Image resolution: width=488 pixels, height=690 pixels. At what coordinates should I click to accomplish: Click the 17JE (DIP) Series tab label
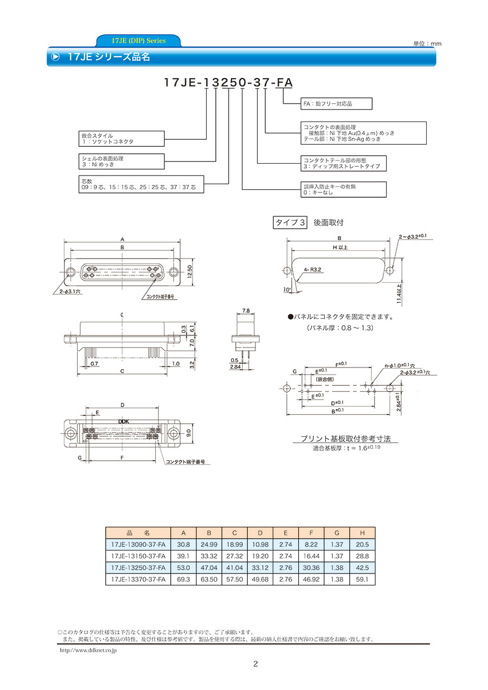pyautogui.click(x=138, y=41)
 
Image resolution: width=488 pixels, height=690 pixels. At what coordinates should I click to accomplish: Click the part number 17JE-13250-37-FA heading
pyautogui.click(x=228, y=82)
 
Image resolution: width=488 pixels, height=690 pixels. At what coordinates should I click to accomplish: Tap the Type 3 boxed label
pyautogui.click(x=291, y=222)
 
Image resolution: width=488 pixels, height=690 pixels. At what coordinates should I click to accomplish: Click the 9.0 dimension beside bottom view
pyautogui.click(x=189, y=433)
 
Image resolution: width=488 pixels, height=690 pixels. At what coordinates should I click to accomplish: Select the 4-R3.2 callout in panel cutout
pyautogui.click(x=313, y=269)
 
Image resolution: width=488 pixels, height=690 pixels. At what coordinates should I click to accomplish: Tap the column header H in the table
pyautogui.click(x=362, y=532)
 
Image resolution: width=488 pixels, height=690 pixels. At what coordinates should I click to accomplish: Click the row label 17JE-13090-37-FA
pyautogui.click(x=138, y=544)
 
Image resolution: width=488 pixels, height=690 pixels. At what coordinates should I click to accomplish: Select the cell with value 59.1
pyautogui.click(x=362, y=579)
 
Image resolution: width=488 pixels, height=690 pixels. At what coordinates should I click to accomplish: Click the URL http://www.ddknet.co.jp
pyautogui.click(x=87, y=650)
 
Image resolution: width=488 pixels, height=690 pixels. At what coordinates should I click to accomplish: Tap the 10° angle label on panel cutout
pyautogui.click(x=287, y=291)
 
